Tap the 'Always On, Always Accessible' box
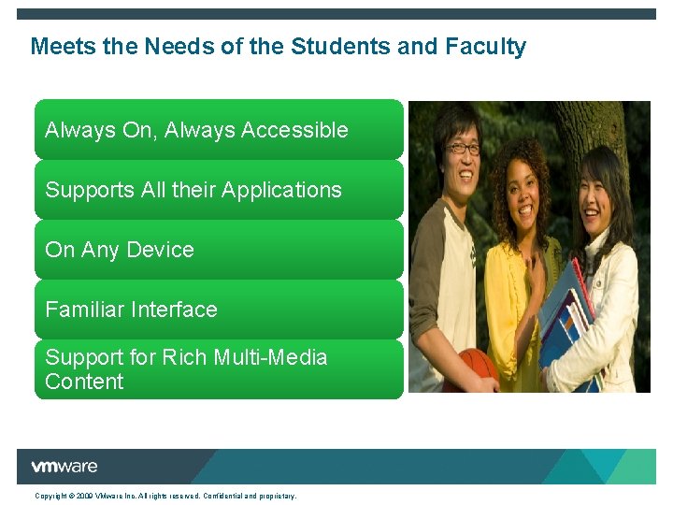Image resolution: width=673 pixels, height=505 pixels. tap(219, 130)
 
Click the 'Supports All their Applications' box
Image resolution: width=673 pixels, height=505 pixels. tap(219, 190)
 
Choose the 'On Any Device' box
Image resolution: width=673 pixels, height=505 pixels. tap(219, 250)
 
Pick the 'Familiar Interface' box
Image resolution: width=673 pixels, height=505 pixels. tap(219, 310)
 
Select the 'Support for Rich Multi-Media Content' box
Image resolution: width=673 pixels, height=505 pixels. tap(219, 369)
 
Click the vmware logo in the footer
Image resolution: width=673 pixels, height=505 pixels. tap(64, 467)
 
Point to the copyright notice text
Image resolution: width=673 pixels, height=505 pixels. tap(165, 496)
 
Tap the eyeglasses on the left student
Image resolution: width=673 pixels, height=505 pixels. tap(462, 149)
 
